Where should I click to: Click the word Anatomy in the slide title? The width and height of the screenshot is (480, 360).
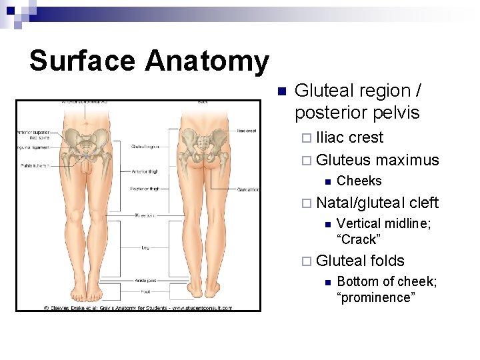(x=207, y=61)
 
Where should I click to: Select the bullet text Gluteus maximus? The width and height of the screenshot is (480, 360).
(x=377, y=160)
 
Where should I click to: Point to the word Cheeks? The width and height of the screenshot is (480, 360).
(x=359, y=181)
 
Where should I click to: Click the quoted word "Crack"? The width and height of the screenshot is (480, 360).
(x=360, y=239)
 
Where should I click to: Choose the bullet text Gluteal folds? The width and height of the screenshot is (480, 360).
(x=360, y=261)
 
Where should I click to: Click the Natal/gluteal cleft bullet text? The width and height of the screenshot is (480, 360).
(x=377, y=203)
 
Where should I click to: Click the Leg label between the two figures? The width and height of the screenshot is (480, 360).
(x=145, y=247)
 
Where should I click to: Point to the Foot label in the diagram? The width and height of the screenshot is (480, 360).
(x=145, y=291)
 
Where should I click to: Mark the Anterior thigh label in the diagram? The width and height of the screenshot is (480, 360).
(x=145, y=171)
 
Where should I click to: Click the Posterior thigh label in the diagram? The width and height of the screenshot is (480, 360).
(x=145, y=189)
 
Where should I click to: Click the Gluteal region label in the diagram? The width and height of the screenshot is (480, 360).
(x=145, y=146)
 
